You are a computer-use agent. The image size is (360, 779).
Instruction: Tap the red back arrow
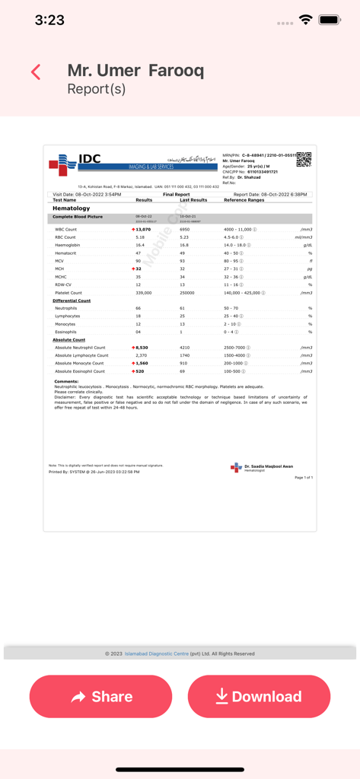click(x=36, y=72)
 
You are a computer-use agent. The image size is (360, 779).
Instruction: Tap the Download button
click(x=259, y=696)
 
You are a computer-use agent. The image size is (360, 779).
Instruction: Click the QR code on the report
click(x=304, y=160)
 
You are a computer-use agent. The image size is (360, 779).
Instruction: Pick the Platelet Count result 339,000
click(x=143, y=293)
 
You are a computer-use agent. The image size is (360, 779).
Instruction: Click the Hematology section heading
click(x=71, y=208)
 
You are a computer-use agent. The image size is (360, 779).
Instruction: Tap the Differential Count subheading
click(x=72, y=300)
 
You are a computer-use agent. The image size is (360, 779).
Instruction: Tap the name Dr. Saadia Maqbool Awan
click(x=269, y=466)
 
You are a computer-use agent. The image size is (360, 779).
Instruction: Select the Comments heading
click(x=66, y=381)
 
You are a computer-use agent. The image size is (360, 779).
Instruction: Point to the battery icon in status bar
click(x=330, y=20)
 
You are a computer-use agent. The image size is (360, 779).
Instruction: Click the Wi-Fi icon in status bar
click(x=306, y=20)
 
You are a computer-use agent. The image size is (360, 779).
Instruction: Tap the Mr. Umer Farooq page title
click(x=135, y=71)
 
